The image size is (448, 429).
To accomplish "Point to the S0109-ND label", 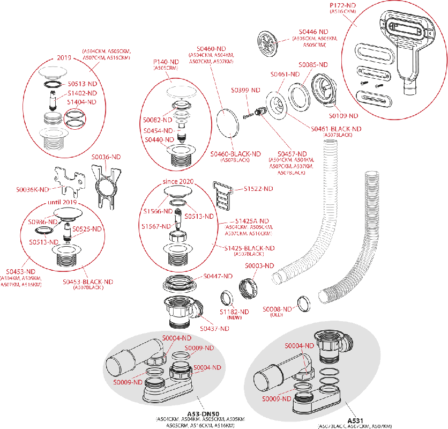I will click(342, 116).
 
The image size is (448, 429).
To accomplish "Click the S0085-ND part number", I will click(313, 65).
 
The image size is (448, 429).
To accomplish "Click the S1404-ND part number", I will click(81, 101).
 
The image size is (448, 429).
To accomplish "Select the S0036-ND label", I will click(106, 157).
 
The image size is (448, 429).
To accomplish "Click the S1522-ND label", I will click(258, 189).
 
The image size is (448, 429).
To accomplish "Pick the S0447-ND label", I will click(218, 276).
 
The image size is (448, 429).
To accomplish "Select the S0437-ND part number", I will click(214, 328).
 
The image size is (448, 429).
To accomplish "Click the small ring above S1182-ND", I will click(227, 298).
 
